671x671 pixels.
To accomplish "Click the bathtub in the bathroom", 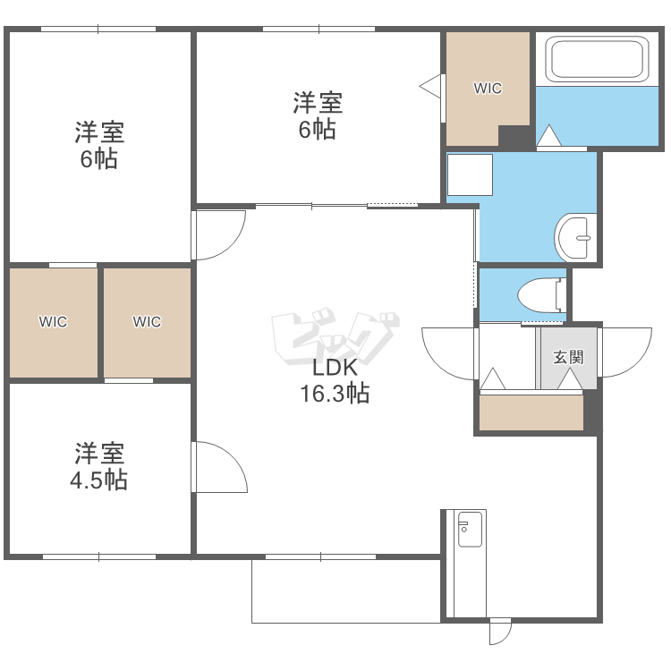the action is tap(597, 59).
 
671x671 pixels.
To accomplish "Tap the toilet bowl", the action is tap(542, 295).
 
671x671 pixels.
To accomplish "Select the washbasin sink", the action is tap(575, 237).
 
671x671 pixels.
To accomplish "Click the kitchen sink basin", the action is tap(470, 530).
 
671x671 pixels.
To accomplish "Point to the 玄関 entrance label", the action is tap(568, 357).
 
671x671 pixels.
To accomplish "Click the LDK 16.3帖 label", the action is tap(335, 380).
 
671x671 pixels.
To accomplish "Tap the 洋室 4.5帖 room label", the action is tap(99, 466).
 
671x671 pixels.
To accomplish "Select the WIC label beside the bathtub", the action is tap(488, 89).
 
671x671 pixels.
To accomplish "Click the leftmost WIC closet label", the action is tap(53, 321).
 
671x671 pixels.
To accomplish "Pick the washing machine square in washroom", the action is tap(470, 174).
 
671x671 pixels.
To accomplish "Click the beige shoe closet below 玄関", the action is tap(531, 412).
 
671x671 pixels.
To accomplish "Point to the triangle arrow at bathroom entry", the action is tap(548, 135).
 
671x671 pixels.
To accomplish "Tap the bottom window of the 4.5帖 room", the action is tap(99, 556).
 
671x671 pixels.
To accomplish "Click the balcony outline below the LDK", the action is tap(345, 623).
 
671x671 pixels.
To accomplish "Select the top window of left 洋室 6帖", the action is tap(98, 30).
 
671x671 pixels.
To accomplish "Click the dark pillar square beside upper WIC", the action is tap(514, 137).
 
